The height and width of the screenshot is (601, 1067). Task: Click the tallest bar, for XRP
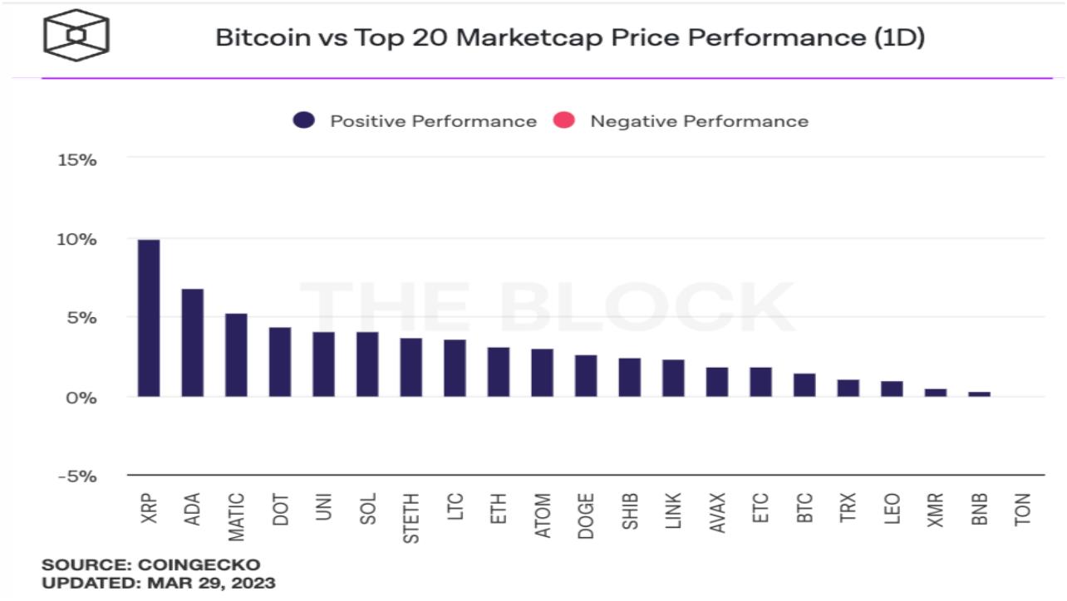coord(149,318)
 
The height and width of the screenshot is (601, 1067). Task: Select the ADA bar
coord(193,343)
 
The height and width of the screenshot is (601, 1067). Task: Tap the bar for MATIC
coord(236,355)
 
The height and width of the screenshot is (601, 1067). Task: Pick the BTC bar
coord(804,385)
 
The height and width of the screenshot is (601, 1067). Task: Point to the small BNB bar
coord(980,393)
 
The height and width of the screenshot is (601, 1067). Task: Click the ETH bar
coord(499,372)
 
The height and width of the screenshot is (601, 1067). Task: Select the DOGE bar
coord(586,376)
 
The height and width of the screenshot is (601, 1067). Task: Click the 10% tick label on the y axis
coord(77,239)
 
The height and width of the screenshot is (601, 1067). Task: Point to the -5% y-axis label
coord(77,476)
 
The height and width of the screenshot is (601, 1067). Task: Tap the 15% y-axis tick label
coord(77,159)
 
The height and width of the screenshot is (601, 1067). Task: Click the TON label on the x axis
coord(1023,508)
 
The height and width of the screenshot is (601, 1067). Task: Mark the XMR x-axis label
coord(936,510)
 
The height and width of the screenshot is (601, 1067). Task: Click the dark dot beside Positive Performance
coord(304,121)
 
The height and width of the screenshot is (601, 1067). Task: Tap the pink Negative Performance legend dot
coord(564,121)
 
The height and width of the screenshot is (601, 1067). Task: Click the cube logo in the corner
coord(76,35)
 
